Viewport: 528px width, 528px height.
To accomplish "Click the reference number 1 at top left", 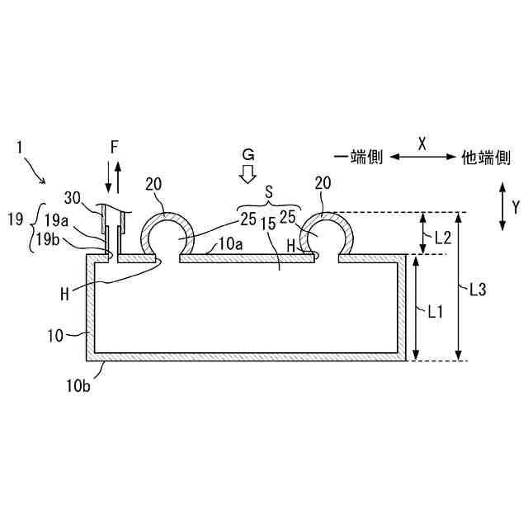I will point(20,148).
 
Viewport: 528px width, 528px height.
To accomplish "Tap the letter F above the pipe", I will point(115,146).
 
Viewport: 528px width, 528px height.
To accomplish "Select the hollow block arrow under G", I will point(246,172).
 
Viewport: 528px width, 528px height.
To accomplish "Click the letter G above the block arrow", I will point(246,153).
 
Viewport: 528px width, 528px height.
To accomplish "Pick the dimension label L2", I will point(442,237).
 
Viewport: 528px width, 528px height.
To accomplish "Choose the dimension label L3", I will point(478,290).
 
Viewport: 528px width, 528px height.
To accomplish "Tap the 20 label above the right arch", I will point(323,182).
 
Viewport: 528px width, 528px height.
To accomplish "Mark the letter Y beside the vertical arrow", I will point(516,205).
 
